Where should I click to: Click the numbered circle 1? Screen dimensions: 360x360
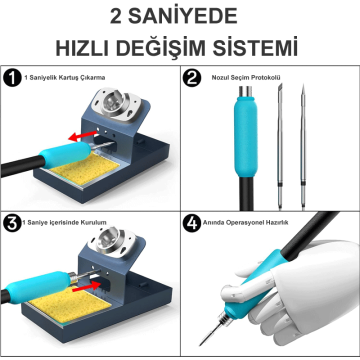pyautogui.click(x=13, y=77)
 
